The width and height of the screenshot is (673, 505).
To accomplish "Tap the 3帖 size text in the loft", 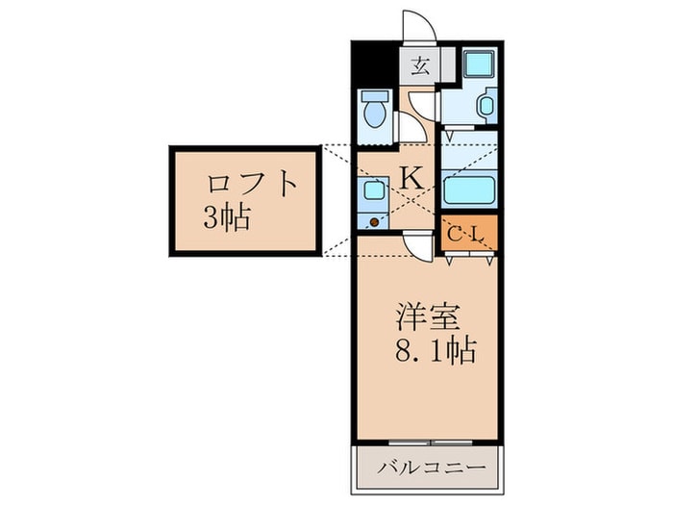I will (226, 218).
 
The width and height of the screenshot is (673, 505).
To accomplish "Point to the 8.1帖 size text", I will (436, 352).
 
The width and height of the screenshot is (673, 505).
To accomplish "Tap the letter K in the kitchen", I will (411, 177).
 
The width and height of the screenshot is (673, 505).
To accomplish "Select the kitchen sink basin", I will (374, 190).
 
